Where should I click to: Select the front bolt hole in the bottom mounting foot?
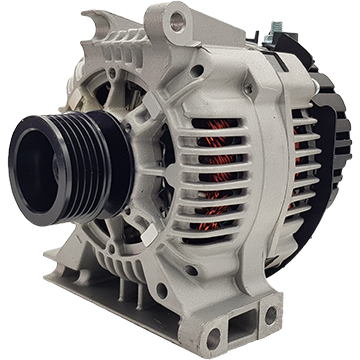point(214,337)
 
